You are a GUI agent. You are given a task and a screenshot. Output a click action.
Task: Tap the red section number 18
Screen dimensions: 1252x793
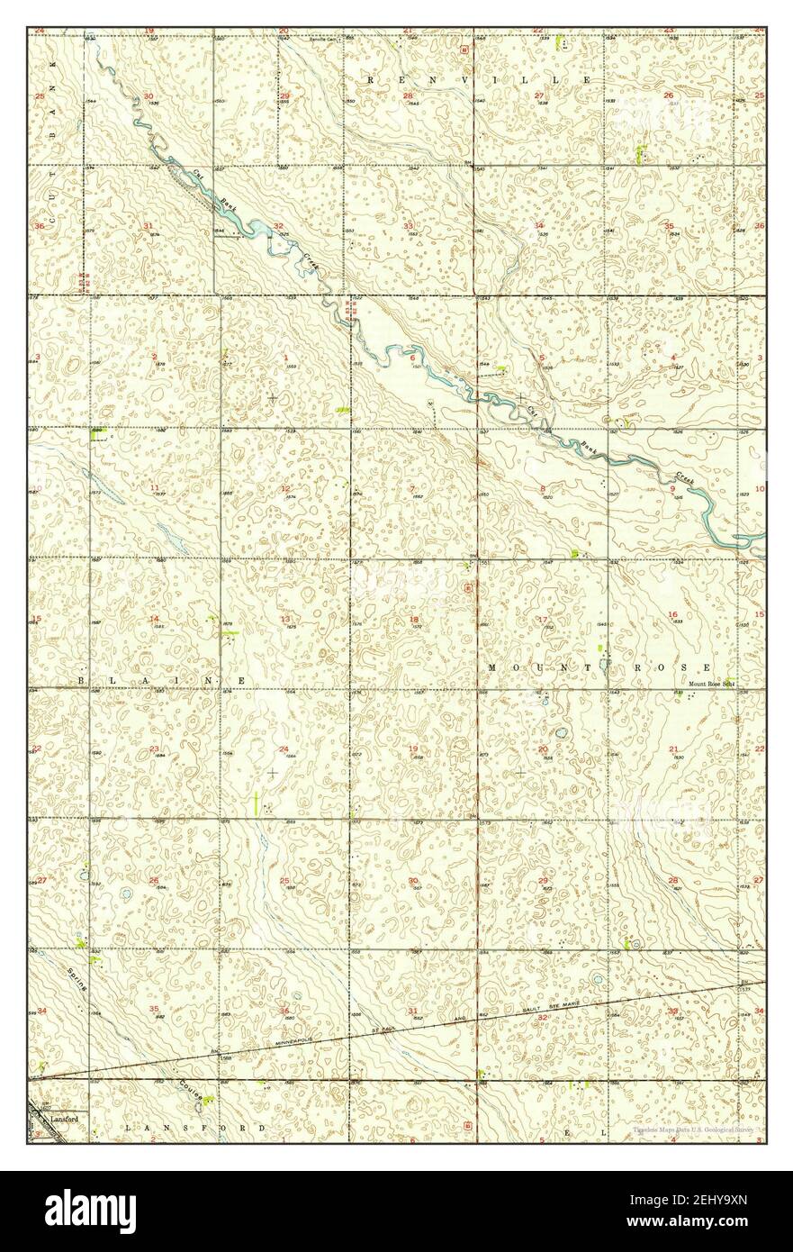coord(414,619)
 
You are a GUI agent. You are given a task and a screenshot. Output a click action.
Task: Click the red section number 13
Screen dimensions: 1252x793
coord(285,619)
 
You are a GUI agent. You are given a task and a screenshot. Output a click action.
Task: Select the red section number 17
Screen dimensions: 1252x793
coord(543,619)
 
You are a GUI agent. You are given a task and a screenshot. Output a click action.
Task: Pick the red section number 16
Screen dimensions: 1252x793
coord(672,614)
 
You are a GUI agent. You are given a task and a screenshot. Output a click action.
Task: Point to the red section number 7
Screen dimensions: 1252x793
coord(412,488)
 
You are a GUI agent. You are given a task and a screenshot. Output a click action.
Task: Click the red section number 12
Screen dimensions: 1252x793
coord(285,488)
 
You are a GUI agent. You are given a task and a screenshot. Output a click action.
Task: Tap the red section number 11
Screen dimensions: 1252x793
coord(155,487)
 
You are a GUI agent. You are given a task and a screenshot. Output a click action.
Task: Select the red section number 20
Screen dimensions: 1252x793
coord(543,749)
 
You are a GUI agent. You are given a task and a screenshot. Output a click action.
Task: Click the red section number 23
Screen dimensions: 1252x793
coord(155,749)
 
